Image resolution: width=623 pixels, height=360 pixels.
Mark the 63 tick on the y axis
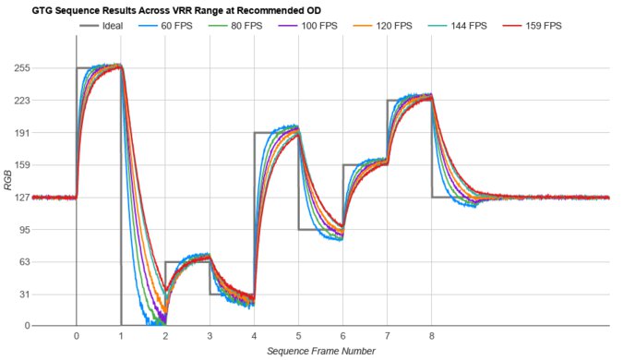[x=22, y=262]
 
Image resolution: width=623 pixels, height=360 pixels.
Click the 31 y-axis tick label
[x=22, y=294]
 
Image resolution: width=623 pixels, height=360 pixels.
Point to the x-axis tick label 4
[x=254, y=337]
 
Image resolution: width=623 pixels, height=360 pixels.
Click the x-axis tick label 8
[x=432, y=337]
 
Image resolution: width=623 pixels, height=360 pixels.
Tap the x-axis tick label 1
[x=121, y=337]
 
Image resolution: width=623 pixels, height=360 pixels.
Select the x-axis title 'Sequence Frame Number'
[x=320, y=352]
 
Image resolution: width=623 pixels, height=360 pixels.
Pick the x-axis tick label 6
[x=343, y=337]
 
